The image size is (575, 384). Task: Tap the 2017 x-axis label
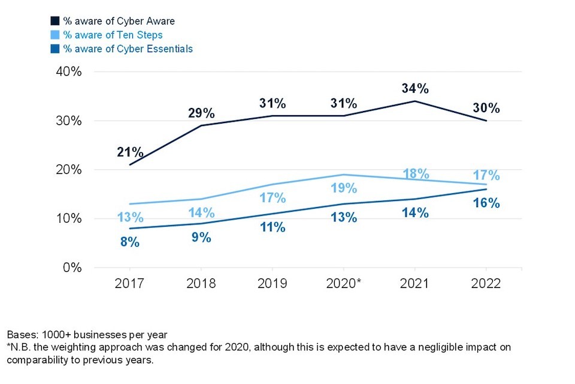(x=129, y=283)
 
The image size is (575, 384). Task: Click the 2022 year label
(x=486, y=283)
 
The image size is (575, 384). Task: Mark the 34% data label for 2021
(x=414, y=89)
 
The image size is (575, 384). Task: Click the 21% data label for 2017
(x=129, y=152)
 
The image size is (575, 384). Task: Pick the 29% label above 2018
(x=201, y=113)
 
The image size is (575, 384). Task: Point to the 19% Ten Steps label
(x=343, y=188)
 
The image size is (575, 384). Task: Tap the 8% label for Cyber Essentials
(x=129, y=242)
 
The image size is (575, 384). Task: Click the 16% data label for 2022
(x=486, y=203)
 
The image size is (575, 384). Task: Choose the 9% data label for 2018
(x=201, y=237)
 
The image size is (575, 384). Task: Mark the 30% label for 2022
(x=486, y=109)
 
